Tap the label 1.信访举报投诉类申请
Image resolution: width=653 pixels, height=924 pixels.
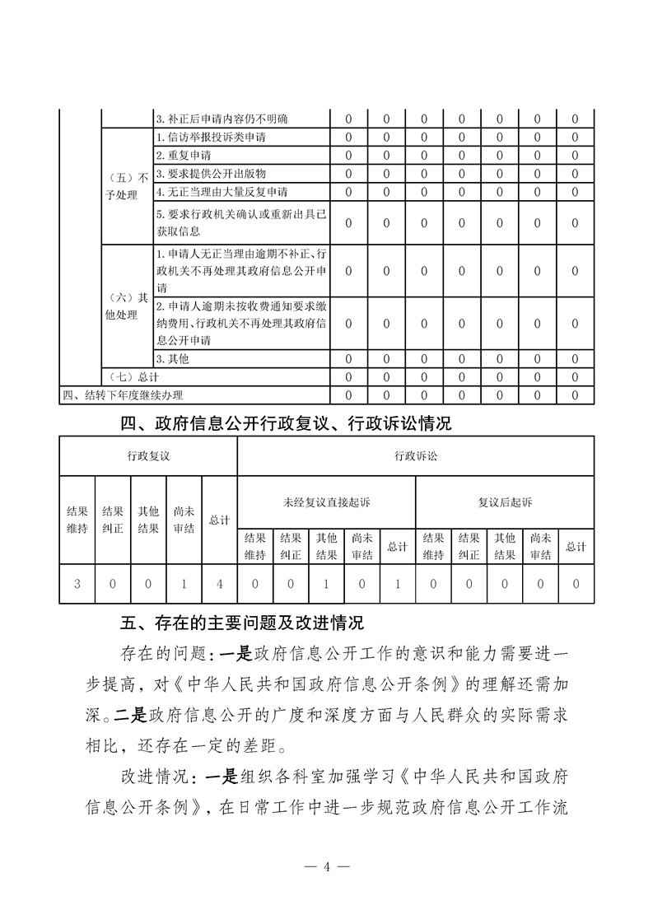tap(210, 137)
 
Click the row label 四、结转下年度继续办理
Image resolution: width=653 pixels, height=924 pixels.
tap(123, 395)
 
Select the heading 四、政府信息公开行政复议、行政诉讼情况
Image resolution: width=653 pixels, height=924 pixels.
tap(286, 425)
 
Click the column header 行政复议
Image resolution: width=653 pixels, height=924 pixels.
tap(148, 455)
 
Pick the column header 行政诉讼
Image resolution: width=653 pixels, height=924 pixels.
tap(416, 455)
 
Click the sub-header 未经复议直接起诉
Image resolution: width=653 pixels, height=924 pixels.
tap(326, 502)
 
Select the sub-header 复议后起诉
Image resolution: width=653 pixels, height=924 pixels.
tap(505, 502)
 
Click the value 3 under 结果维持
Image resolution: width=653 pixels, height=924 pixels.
tap(77, 584)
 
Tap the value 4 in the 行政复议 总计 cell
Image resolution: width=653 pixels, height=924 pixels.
tap(219, 584)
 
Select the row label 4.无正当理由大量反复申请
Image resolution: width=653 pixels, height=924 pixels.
tap(221, 192)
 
